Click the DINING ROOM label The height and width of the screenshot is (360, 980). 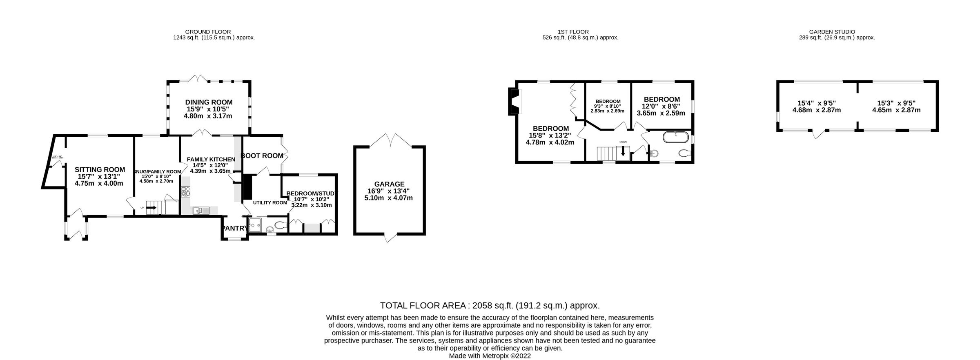tap(209, 102)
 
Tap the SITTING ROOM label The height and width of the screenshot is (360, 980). tap(100, 170)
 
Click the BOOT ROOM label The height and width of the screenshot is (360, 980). tap(262, 156)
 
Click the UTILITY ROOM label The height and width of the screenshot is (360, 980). tap(270, 202)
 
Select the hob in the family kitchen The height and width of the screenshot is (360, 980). tap(186, 191)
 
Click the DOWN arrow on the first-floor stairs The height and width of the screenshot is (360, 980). tap(623, 152)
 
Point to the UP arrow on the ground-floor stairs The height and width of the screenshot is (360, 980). tap(151, 207)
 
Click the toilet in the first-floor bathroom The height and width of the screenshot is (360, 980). tap(684, 153)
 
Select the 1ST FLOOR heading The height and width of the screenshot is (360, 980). tap(579, 31)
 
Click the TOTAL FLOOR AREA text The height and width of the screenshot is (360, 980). tap(490, 305)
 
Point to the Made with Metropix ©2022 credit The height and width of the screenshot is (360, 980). tap(490, 356)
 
